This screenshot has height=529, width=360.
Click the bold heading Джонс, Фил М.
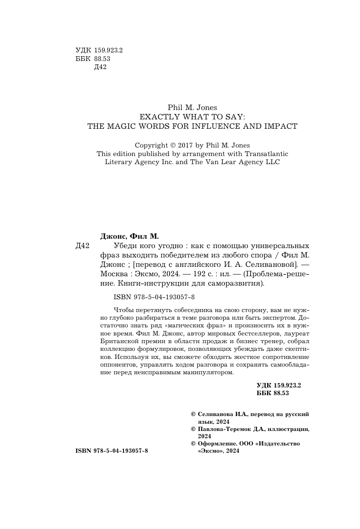129,236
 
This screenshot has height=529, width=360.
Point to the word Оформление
216,444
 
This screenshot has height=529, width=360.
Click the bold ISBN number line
112,451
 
